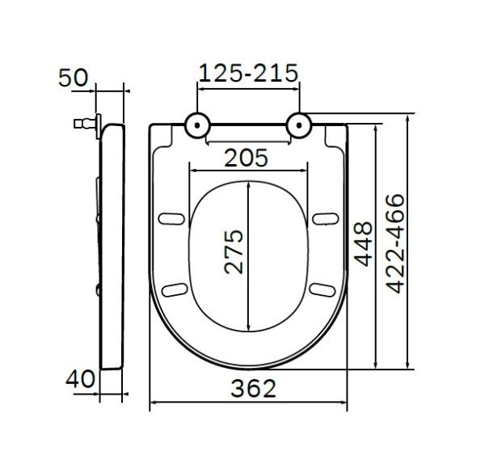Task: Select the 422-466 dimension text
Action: (x=395, y=243)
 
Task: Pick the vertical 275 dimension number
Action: (x=234, y=252)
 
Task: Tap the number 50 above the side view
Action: (x=74, y=78)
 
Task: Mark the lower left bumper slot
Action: (x=172, y=289)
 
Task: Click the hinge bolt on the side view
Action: (x=81, y=124)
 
